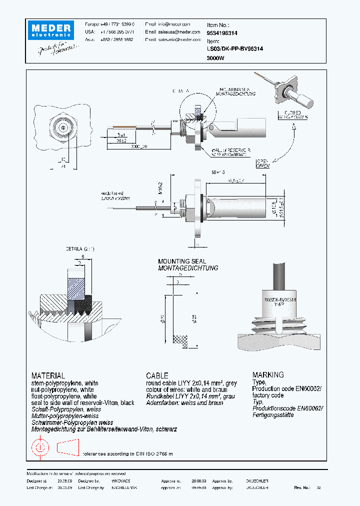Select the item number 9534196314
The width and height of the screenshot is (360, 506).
coord(222,32)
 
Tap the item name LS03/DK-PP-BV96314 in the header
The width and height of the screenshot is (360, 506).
coord(235,49)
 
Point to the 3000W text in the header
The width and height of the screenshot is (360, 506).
coord(215,58)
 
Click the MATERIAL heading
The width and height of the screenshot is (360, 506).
coord(48,375)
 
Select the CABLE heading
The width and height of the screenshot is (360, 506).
coord(157,375)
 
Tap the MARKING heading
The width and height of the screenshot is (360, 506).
coord(268,374)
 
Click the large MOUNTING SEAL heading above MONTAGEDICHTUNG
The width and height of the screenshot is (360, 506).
coord(181,261)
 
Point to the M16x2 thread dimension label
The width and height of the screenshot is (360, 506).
coord(162,187)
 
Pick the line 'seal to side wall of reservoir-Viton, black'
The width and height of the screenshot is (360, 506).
coord(82,402)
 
